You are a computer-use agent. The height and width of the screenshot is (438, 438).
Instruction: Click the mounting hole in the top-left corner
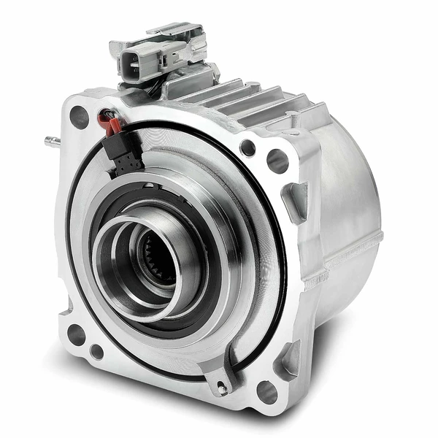coord(79,115)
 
